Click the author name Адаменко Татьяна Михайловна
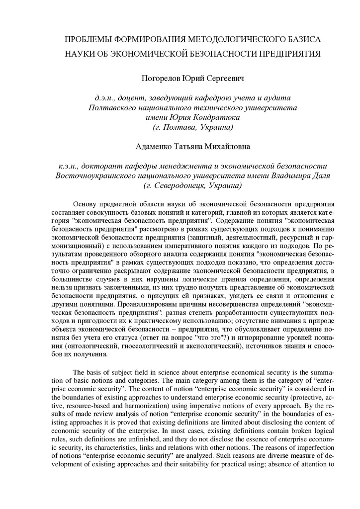coord(192,147)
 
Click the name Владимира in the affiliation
coord(291,175)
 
